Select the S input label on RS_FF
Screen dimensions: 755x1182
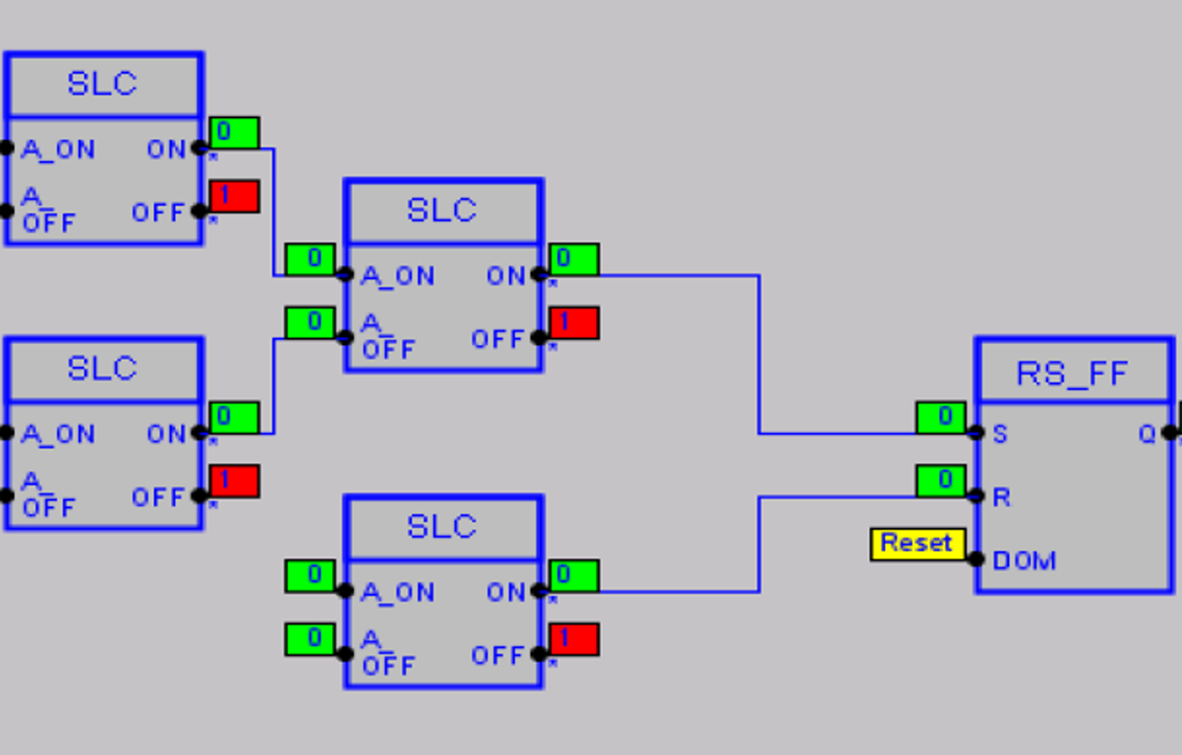(1000, 434)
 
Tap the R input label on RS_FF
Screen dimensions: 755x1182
(1001, 497)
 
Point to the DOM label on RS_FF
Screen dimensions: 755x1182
(1025, 561)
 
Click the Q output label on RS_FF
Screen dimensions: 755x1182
(1148, 434)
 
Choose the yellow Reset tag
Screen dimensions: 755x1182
(916, 544)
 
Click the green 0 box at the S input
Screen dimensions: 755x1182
(941, 418)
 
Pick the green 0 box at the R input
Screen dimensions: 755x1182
(941, 481)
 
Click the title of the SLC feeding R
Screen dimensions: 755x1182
(443, 528)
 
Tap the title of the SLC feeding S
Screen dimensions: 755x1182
(443, 210)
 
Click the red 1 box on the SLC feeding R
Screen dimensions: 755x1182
(574, 639)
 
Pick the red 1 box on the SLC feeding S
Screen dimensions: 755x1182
(574, 322)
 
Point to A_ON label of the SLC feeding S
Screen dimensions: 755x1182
(398, 276)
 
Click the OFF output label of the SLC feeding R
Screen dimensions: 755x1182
(498, 656)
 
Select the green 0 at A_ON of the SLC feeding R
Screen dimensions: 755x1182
(310, 576)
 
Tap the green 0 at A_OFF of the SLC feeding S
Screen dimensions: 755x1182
(310, 322)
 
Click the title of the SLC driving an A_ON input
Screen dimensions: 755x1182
(102, 85)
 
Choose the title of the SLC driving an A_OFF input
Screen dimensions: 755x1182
(102, 369)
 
